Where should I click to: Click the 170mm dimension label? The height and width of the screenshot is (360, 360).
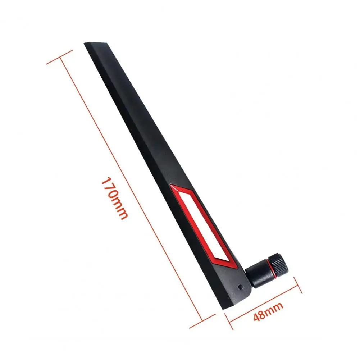pyautogui.click(x=114, y=198)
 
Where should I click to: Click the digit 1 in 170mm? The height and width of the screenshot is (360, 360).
pyautogui.click(x=106, y=180)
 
